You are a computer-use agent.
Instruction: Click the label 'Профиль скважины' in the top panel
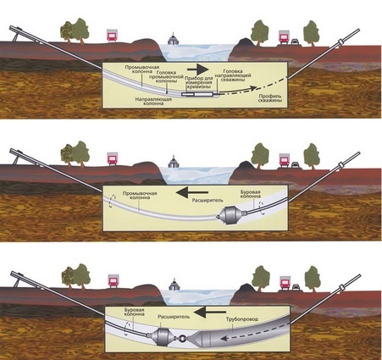(271, 98)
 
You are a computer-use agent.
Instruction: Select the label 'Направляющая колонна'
(149, 102)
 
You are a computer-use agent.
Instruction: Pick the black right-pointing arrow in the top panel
(197, 69)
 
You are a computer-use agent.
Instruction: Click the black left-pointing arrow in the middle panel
(191, 192)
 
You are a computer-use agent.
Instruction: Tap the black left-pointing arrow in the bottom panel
(210, 313)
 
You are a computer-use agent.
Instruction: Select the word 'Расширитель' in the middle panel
(208, 201)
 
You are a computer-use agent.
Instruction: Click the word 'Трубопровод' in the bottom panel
(242, 320)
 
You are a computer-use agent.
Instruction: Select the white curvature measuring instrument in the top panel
(199, 95)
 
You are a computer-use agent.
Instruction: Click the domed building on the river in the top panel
(173, 39)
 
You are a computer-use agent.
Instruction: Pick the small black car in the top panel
(295, 42)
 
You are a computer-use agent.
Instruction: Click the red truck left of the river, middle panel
(112, 158)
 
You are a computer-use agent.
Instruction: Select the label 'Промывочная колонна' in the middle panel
(140, 196)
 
